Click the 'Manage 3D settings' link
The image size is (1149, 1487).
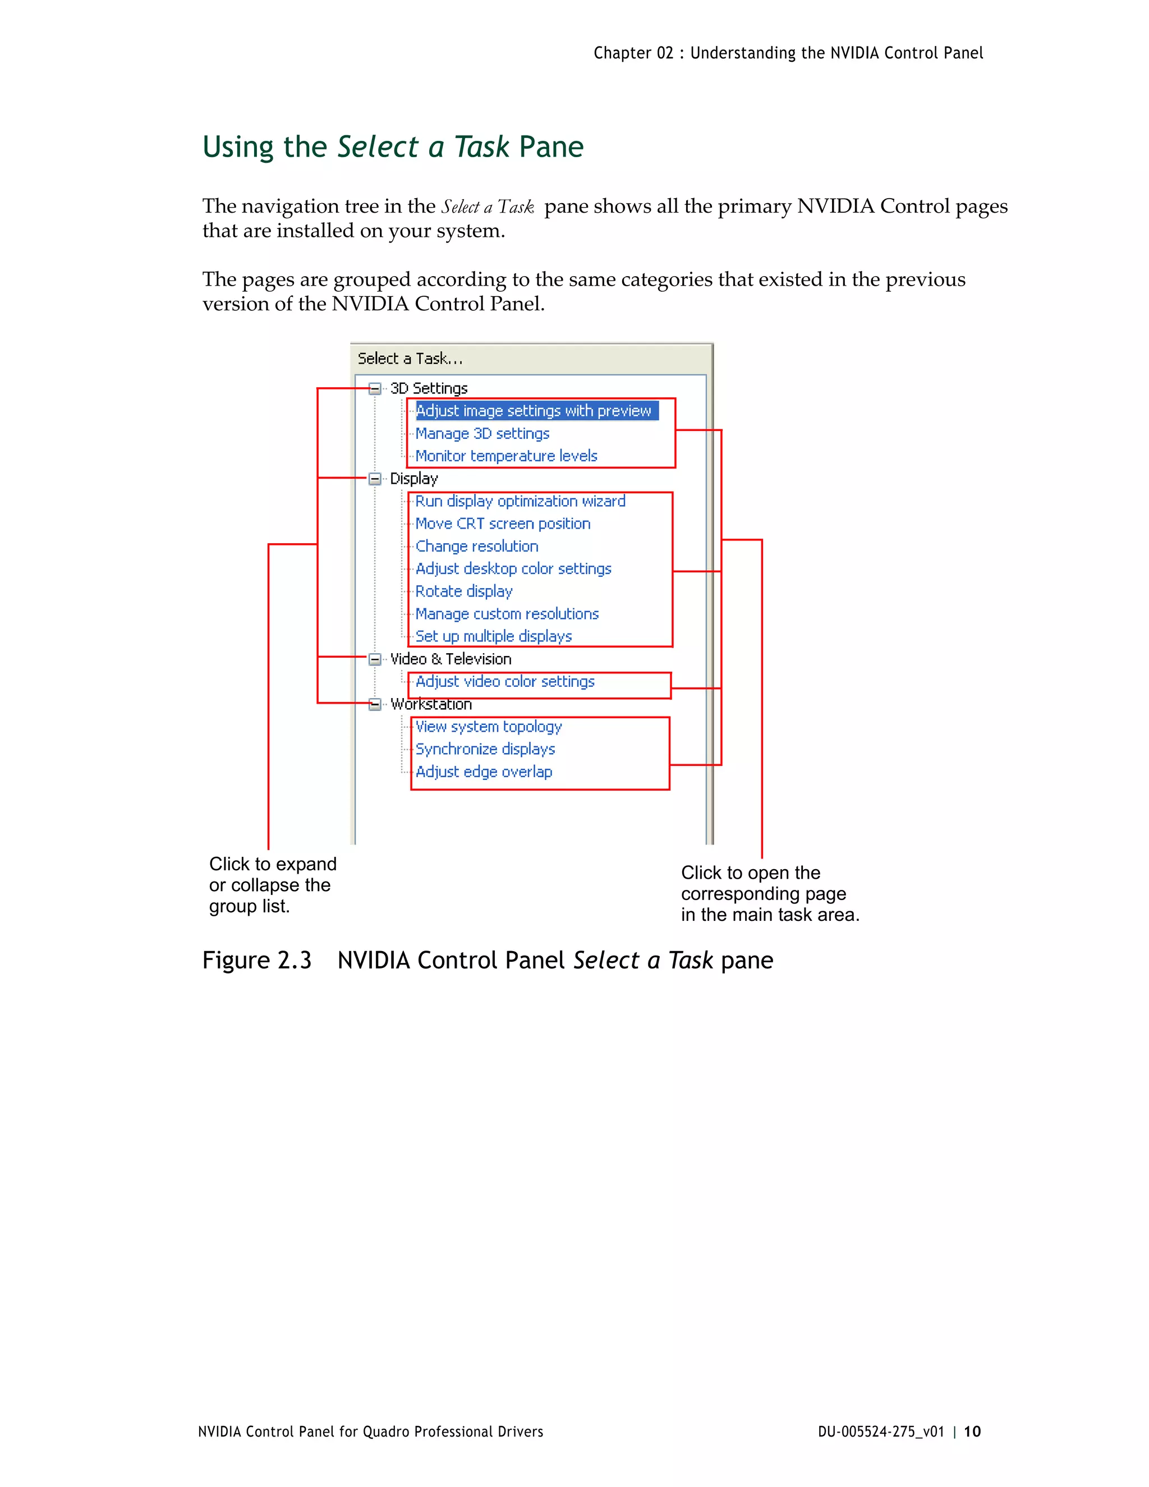(482, 434)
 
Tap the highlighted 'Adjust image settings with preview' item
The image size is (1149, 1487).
(534, 411)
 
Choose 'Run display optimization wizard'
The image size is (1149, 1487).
(520, 501)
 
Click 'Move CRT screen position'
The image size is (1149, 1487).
(502, 524)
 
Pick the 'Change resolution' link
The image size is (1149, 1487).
(476, 546)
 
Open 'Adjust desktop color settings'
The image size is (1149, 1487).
(513, 568)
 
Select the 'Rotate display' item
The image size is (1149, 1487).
(463, 591)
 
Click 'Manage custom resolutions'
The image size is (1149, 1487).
(507, 614)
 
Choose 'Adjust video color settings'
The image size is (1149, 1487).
(504, 682)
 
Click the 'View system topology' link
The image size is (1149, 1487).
(488, 727)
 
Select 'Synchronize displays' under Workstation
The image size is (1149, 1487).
(485, 749)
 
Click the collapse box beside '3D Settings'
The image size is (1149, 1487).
(374, 389)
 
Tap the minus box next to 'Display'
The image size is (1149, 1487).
(374, 479)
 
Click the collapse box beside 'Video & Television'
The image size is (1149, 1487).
(374, 659)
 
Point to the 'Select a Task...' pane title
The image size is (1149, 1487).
(410, 359)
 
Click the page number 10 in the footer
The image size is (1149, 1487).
(972, 1431)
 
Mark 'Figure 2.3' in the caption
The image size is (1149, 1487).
(256, 960)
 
